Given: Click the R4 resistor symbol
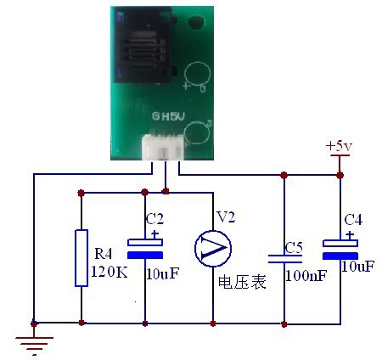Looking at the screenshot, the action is point(81,258).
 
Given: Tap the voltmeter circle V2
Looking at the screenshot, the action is point(213,248).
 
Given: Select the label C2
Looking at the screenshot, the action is point(154,219).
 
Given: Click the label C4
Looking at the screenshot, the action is point(353,220).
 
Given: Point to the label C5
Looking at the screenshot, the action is point(294,248).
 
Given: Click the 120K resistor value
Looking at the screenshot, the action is point(110,272).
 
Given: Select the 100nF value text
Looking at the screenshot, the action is point(306,275).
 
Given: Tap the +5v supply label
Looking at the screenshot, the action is point(339,146).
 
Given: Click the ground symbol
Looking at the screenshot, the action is point(34,345).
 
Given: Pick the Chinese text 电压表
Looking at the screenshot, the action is point(242,282).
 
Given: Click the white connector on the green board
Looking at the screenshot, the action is point(163,147).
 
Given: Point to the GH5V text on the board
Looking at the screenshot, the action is point(168,116).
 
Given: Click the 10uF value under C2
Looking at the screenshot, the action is point(163,273).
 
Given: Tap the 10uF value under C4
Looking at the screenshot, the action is point(358,266).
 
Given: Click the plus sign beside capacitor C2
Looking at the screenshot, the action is point(154,234).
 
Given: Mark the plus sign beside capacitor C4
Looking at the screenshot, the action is point(350,235).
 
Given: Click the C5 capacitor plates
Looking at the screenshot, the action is point(285,259).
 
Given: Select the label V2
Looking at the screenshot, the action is point(226,217).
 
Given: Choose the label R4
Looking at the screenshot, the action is point(104,254).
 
